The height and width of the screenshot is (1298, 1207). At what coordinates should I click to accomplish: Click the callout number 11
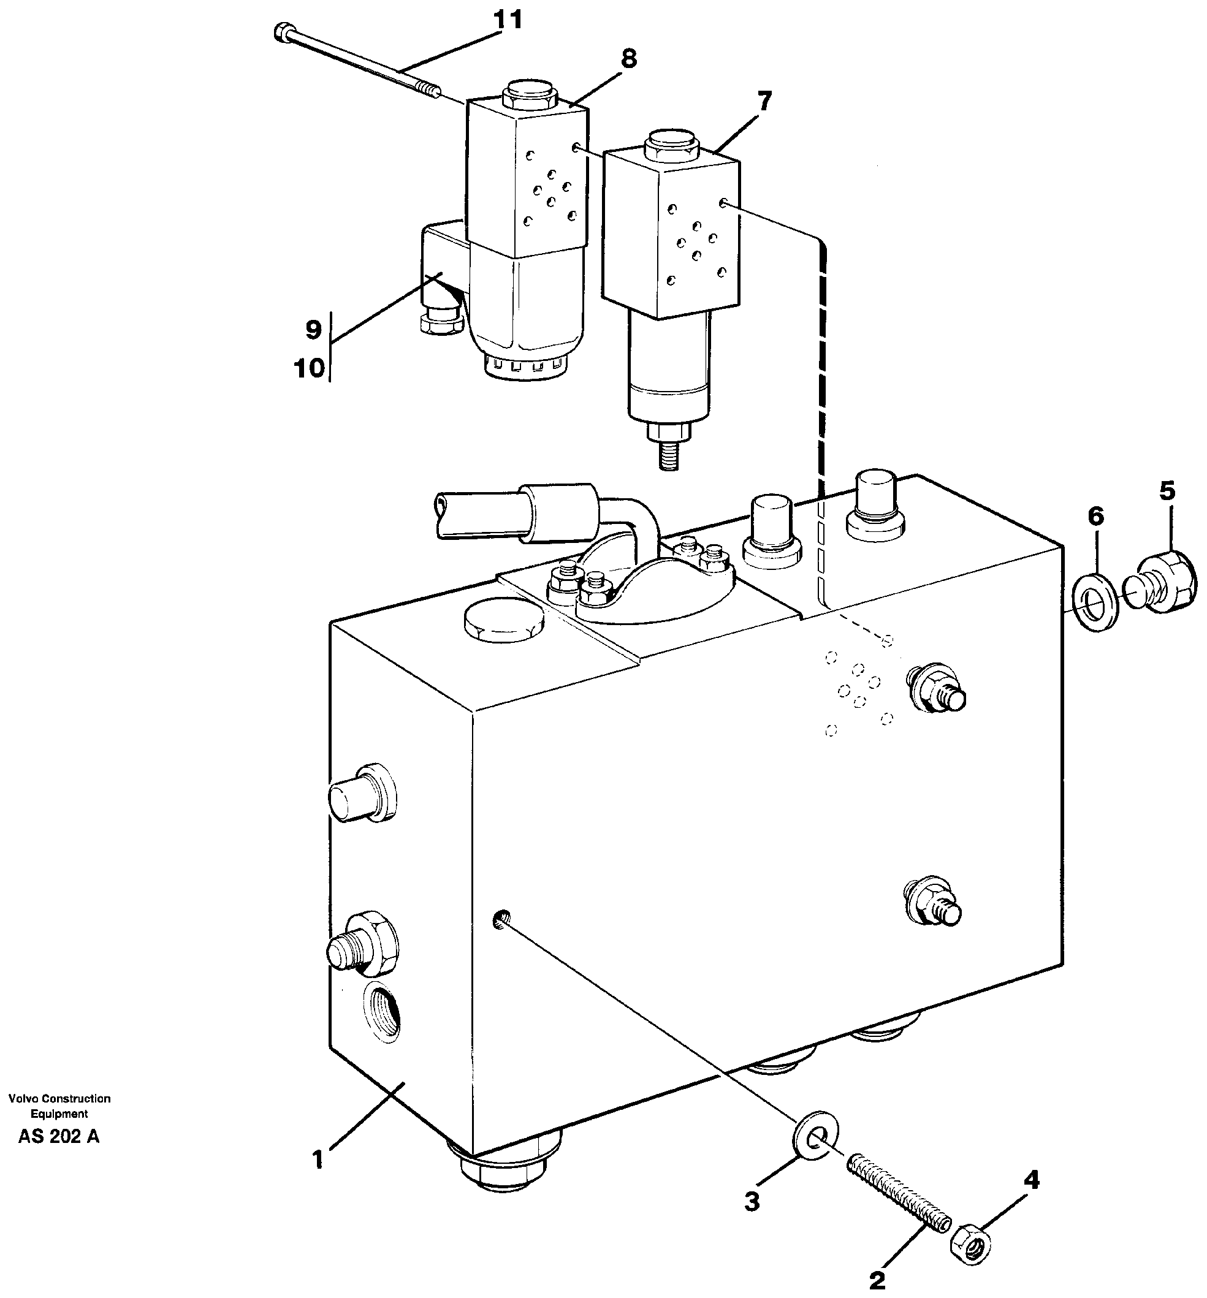point(508,21)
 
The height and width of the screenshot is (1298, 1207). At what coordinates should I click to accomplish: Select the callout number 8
point(628,59)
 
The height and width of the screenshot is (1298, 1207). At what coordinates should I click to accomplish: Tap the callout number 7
point(764,102)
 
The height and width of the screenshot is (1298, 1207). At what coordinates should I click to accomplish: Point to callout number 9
point(313,330)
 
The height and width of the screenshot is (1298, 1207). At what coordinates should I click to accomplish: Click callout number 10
point(310,369)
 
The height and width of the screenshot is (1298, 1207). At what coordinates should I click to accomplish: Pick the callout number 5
point(1167,491)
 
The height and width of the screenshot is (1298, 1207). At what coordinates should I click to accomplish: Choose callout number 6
point(1095,517)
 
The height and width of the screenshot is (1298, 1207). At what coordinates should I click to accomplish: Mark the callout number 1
point(318,1161)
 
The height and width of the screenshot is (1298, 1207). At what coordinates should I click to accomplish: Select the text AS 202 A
point(59,1137)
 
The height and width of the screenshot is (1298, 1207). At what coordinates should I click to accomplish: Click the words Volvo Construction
point(59,1099)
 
